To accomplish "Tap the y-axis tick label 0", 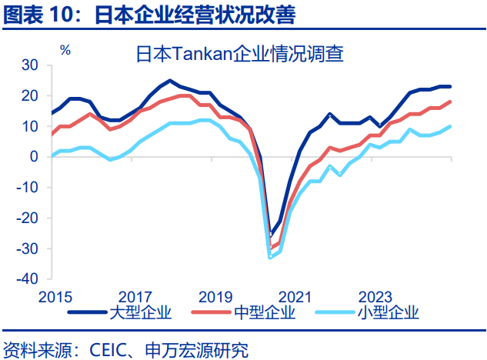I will pyautogui.click(x=33, y=157).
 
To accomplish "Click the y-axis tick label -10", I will pyautogui.click(x=27, y=188).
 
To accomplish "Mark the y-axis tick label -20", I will pyautogui.click(x=27, y=218).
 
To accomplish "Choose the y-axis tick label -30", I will pyautogui.click(x=27, y=248).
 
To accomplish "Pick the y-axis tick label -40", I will pyautogui.click(x=27, y=278).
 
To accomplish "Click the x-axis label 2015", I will pyautogui.click(x=55, y=296).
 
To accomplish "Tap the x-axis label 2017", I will pyautogui.click(x=135, y=296).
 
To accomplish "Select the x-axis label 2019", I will pyautogui.click(x=215, y=296).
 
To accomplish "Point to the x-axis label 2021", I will pyautogui.click(x=295, y=296).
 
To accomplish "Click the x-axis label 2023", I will pyautogui.click(x=375, y=296).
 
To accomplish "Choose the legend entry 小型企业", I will pyautogui.click(x=388, y=312).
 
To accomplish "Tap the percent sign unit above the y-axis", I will pyautogui.click(x=65, y=50).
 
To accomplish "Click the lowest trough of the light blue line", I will pyautogui.click(x=270, y=257).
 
